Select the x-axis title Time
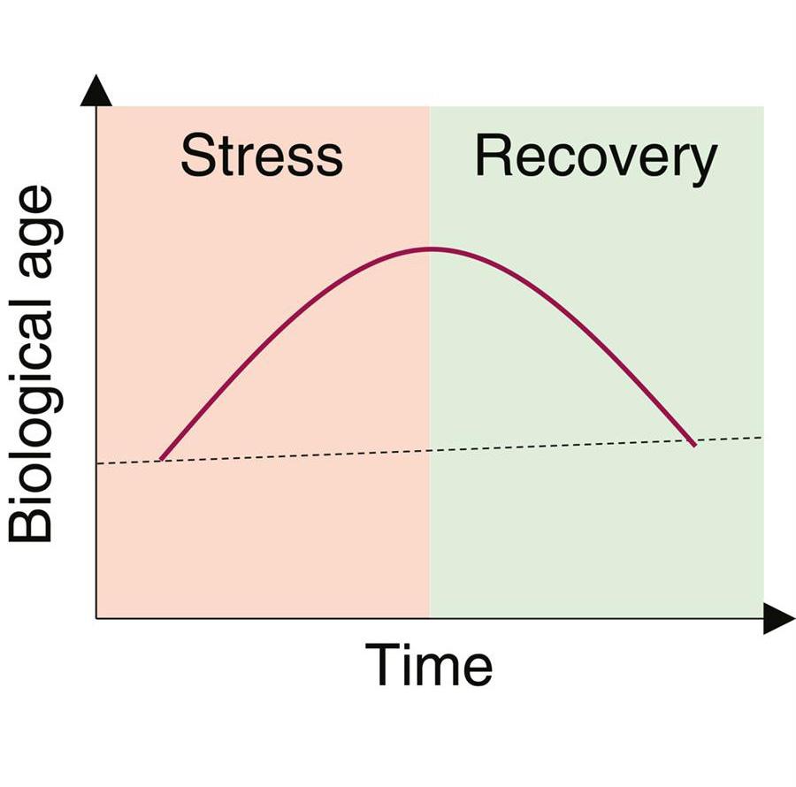point(429,665)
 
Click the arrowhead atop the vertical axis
point(96,91)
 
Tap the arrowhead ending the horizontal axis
point(778,619)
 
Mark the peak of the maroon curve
point(430,248)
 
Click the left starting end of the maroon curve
point(160,459)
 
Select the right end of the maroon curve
point(694,445)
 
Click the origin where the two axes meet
point(96,618)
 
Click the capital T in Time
point(381,665)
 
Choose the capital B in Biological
point(33,523)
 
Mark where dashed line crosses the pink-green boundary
point(430,450)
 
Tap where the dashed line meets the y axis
point(96,463)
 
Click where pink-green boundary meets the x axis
point(430,618)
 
